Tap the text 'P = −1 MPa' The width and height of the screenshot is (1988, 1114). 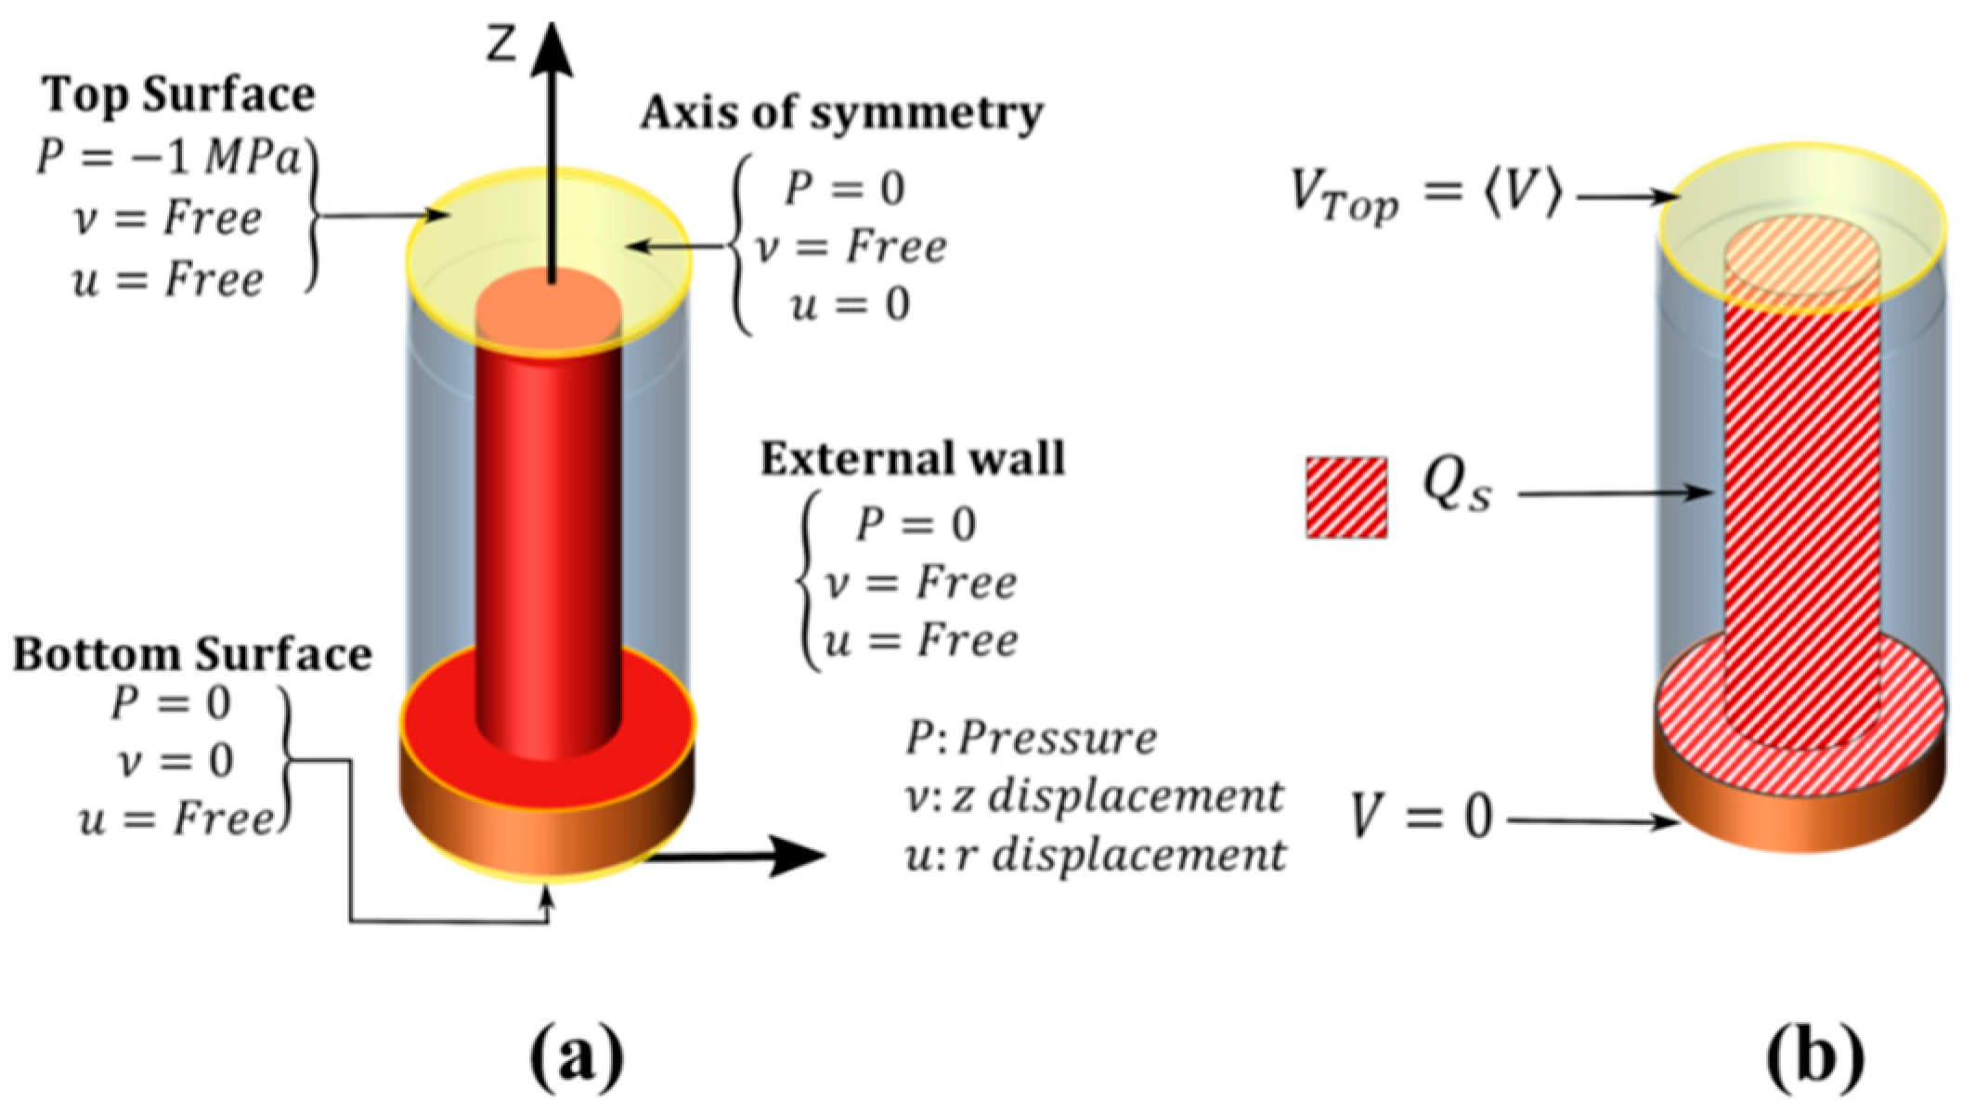(x=170, y=159)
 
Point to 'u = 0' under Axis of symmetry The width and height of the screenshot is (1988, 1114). (x=850, y=306)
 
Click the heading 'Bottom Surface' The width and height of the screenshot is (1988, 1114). (x=192, y=656)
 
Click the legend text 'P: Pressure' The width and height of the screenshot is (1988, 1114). (x=1032, y=740)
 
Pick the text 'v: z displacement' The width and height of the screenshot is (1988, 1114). (x=1095, y=797)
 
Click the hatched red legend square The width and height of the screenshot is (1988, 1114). (x=1346, y=498)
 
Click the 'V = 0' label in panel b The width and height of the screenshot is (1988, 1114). (x=1422, y=820)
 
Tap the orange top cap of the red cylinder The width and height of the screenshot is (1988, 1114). (x=548, y=307)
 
